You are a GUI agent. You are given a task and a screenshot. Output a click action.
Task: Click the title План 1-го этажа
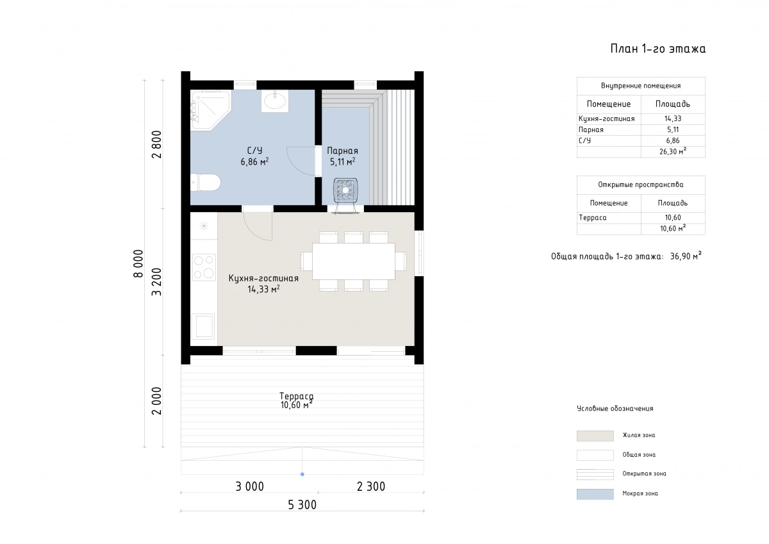pos(657,49)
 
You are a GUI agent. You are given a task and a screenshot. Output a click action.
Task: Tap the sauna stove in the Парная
pos(345,190)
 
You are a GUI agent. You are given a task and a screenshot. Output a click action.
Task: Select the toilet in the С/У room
pos(205,182)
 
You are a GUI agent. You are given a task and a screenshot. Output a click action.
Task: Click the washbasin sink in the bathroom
pos(275,101)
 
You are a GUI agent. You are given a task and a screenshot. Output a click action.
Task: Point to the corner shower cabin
pos(210,110)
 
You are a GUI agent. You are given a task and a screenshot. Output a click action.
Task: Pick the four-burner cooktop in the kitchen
pos(204,267)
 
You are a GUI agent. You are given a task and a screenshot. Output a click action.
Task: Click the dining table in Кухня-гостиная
pos(354,261)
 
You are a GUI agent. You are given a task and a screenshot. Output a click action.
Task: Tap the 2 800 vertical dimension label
pos(156,144)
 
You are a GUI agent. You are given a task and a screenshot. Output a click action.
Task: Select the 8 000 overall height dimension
pos(138,263)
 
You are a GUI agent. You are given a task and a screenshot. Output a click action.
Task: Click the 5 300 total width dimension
pos(302,505)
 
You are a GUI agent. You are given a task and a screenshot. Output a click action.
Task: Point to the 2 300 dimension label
pos(371,486)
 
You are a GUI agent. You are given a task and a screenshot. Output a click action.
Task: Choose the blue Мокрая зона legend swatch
pos(595,494)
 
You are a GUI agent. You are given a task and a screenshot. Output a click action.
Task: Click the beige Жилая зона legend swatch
pos(595,436)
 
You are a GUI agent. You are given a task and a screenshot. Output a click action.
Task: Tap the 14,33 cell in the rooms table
pos(672,119)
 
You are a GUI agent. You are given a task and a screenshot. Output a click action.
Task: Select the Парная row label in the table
pos(591,129)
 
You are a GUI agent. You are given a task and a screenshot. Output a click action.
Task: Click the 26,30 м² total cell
pos(672,151)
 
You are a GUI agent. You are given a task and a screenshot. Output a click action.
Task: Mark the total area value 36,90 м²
pos(686,256)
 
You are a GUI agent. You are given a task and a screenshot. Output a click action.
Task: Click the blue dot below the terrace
pos(302,474)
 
